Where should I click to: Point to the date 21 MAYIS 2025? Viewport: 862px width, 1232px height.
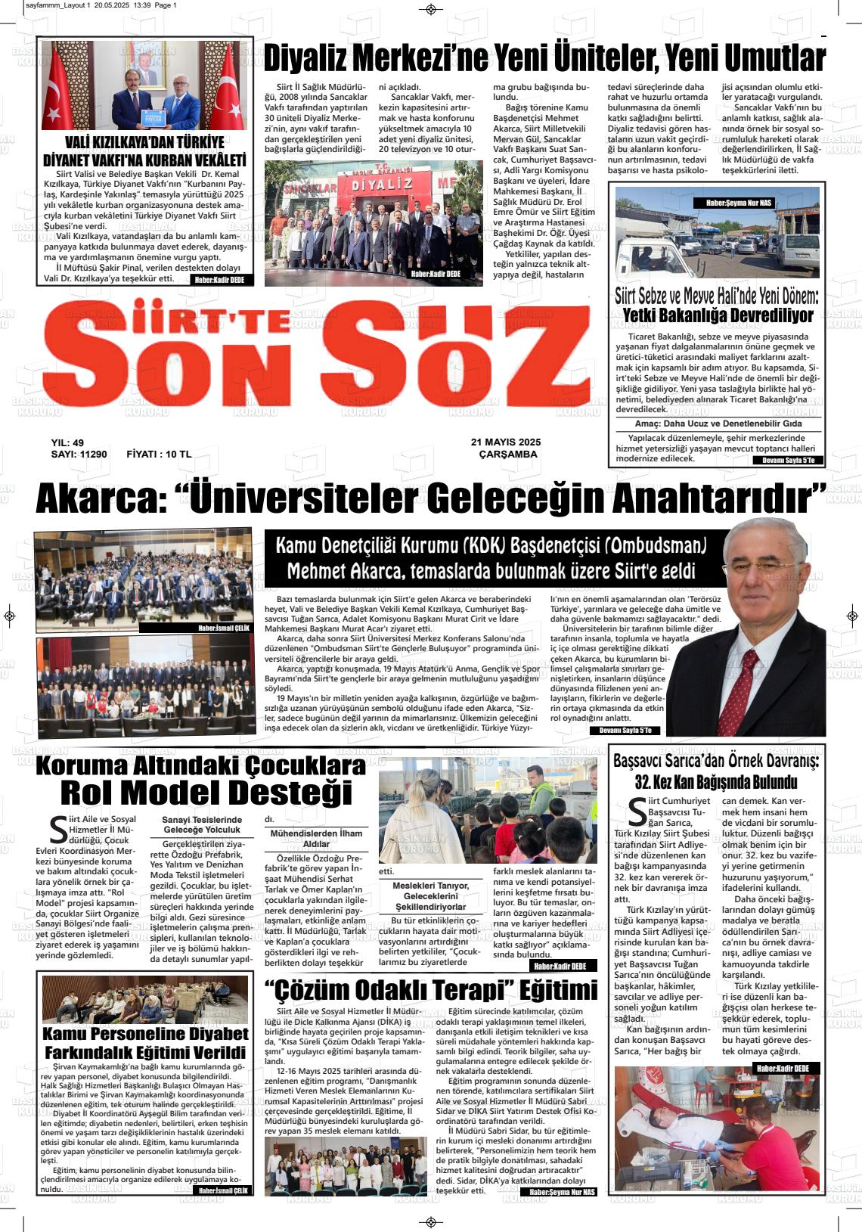coord(506,442)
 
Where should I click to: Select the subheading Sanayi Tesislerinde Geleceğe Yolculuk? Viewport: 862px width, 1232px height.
coord(203,824)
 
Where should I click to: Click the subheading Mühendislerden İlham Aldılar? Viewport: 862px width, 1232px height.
coord(316,838)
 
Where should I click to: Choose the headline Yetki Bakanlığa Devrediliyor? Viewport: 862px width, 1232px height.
coord(718,315)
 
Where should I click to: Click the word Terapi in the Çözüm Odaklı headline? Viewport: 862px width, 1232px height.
coord(452,990)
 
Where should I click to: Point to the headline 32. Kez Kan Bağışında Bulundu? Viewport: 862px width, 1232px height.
coord(716,781)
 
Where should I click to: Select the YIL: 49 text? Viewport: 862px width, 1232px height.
coord(67,442)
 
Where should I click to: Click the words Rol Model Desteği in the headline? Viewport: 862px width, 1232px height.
coord(206,793)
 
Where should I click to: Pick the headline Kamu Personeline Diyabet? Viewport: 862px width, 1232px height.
coord(145,1033)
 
